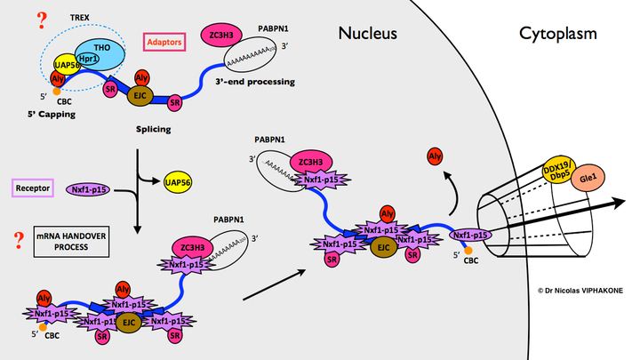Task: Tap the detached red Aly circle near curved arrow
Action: [x=436, y=157]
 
